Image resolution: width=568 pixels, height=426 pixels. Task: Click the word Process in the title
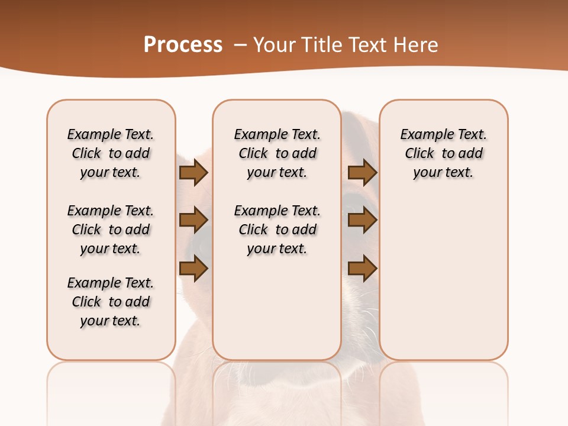click(183, 45)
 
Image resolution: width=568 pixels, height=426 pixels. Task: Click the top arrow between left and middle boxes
click(193, 173)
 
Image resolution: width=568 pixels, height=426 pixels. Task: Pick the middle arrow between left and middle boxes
click(193, 221)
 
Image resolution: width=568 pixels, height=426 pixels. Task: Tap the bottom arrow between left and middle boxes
click(193, 269)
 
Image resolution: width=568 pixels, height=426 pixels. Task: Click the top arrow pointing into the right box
click(362, 173)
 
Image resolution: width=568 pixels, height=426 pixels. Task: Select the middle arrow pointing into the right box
click(362, 221)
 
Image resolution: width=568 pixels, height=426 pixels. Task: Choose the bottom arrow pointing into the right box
click(362, 269)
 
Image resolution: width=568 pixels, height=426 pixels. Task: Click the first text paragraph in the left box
click(111, 153)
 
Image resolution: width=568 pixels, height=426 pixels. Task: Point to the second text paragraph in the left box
click(111, 230)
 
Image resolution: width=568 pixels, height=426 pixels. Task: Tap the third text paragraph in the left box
click(111, 302)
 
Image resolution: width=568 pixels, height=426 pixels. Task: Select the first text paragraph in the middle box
click(277, 153)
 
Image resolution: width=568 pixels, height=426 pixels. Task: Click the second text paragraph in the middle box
click(277, 230)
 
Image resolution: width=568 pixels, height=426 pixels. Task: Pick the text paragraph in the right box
click(443, 153)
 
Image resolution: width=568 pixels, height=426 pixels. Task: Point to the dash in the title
click(240, 45)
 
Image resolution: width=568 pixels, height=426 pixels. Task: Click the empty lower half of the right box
click(443, 284)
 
